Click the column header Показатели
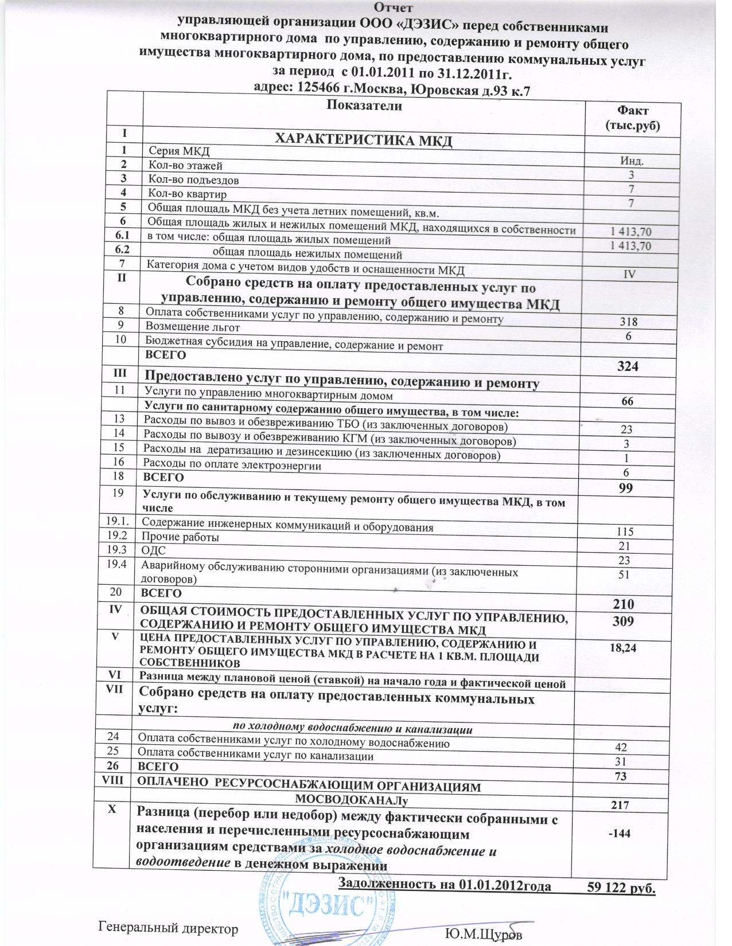[364, 105]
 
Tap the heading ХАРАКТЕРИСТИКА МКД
[365, 140]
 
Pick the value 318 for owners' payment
[629, 322]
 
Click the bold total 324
[628, 366]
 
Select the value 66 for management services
[628, 401]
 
